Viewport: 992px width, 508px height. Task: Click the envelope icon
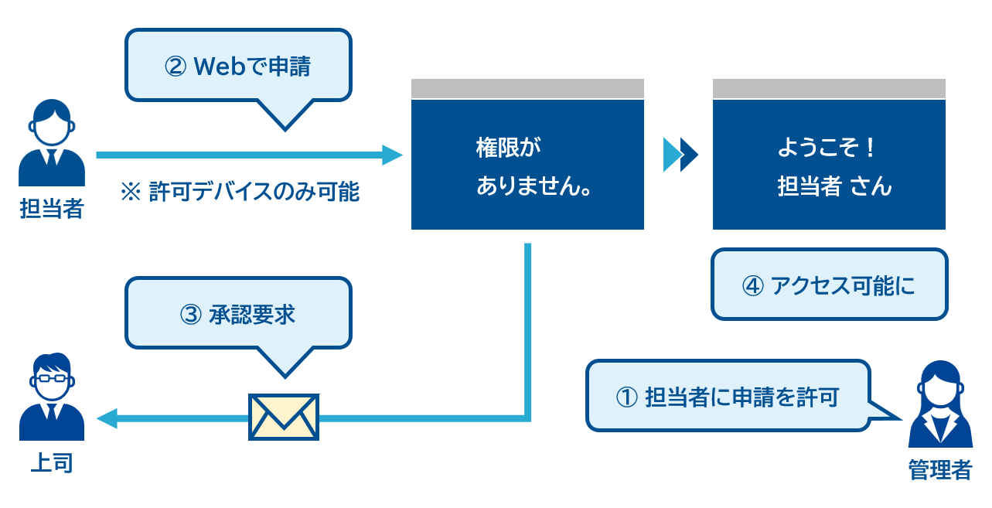(x=284, y=417)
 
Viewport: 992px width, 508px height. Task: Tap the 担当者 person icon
(x=52, y=142)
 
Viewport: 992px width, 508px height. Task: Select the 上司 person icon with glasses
(x=52, y=397)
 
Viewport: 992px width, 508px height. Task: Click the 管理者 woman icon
(x=940, y=404)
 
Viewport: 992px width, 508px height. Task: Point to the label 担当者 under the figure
(x=52, y=208)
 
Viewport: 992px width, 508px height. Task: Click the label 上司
(x=52, y=463)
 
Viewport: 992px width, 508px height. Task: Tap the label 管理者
(x=940, y=469)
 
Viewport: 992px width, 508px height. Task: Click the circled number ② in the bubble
(x=176, y=66)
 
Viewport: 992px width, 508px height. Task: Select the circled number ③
(x=191, y=315)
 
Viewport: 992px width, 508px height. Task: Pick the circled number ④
(x=753, y=285)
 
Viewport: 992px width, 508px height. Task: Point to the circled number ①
(x=626, y=397)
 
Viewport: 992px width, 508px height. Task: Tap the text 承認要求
(x=251, y=315)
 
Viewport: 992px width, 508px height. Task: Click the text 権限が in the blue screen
(x=509, y=148)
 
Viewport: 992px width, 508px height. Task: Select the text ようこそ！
(x=827, y=148)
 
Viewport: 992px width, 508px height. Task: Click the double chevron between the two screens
(x=680, y=155)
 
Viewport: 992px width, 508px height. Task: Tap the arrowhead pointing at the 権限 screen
(x=392, y=155)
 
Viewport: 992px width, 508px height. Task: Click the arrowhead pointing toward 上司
(x=107, y=418)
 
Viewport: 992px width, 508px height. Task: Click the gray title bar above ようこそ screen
(x=829, y=89)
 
